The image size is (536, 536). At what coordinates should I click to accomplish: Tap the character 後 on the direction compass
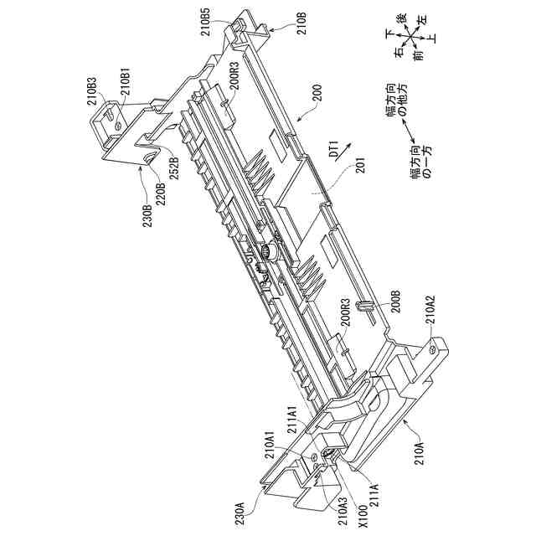(x=401, y=18)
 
